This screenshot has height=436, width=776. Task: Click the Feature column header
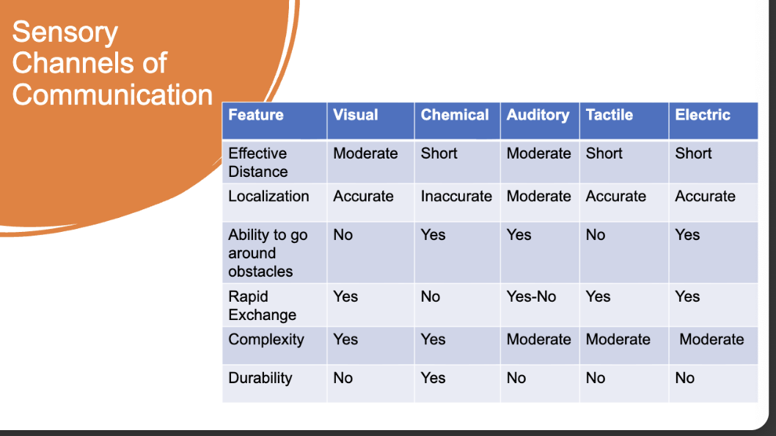[256, 115]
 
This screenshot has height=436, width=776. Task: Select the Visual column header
[355, 115]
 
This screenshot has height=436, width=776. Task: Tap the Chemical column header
[455, 115]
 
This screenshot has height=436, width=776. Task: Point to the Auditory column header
[538, 115]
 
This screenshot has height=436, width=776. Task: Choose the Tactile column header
[610, 115]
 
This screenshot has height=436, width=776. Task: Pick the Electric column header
[703, 115]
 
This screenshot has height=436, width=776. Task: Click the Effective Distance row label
[258, 162]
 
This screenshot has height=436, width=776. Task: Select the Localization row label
[268, 196]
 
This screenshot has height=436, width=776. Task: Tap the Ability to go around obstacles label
[268, 253]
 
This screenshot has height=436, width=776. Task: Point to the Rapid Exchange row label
[263, 305]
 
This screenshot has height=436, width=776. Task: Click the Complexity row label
[266, 340]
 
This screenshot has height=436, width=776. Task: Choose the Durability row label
[260, 379]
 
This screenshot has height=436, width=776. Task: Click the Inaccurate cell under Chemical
[456, 196]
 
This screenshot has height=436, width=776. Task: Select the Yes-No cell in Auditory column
[531, 297]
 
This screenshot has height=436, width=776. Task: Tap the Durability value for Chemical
[433, 378]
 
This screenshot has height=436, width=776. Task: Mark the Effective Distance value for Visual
[365, 153]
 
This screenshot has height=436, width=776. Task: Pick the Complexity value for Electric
[711, 339]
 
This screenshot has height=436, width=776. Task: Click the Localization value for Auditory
[538, 196]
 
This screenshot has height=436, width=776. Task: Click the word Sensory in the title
[65, 33]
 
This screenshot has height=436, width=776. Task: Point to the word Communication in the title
[112, 94]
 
